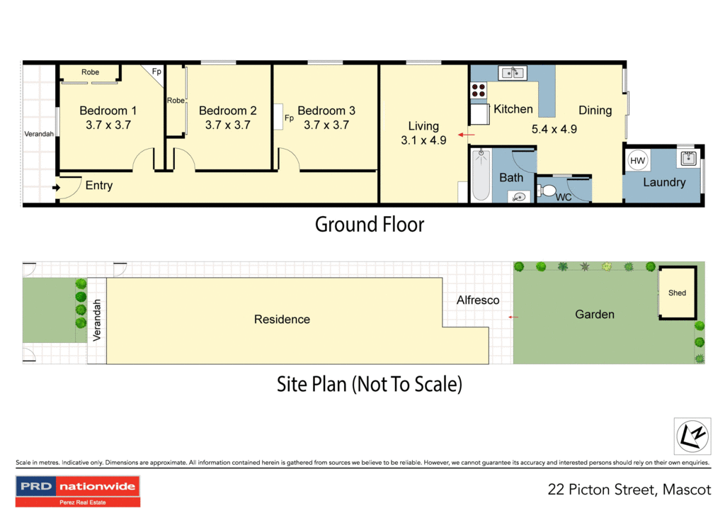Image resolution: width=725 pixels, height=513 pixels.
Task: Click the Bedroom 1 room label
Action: tap(108, 111)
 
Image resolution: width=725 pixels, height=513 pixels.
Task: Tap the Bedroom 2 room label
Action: tap(227, 111)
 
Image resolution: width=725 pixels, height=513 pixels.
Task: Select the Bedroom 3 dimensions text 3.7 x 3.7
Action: tap(326, 125)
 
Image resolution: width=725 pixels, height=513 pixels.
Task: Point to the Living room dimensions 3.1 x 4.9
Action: tap(423, 140)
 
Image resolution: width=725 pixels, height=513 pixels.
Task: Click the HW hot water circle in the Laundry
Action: tap(637, 162)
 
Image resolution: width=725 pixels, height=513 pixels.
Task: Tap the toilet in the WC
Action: tap(547, 190)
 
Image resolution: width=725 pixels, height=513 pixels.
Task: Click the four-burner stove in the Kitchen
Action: tap(479, 90)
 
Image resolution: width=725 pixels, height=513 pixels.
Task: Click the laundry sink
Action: tap(686, 157)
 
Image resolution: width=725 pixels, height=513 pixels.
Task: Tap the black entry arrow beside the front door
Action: tap(56, 188)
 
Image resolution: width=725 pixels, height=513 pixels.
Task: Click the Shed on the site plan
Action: tap(677, 292)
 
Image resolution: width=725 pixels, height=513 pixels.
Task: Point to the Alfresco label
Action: tap(478, 300)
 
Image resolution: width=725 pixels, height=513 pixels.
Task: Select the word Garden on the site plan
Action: tap(595, 315)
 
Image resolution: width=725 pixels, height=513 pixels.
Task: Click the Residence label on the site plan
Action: tap(282, 320)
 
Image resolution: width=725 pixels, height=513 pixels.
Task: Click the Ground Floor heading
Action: tap(370, 225)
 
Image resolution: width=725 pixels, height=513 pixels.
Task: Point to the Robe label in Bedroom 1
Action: tap(90, 72)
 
